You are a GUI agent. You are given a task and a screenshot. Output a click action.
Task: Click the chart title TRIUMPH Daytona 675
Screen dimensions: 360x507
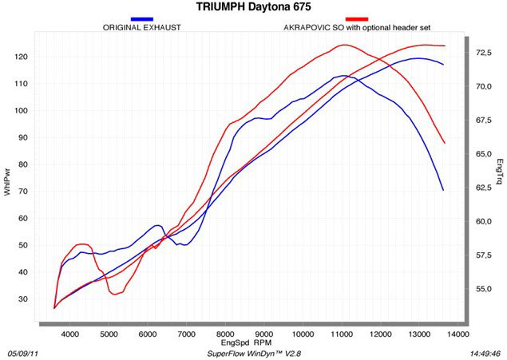253,7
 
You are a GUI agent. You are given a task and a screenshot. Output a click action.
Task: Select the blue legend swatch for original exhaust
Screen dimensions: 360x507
142,18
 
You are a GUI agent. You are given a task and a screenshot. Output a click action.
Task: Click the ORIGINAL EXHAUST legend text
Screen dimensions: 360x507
142,28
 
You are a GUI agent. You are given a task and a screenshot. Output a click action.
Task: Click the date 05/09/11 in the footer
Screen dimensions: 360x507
23,352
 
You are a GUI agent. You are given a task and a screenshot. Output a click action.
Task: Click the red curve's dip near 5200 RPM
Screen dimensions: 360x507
116,294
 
